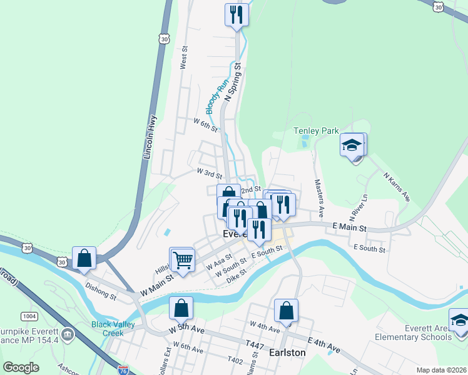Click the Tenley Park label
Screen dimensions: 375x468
click(x=316, y=131)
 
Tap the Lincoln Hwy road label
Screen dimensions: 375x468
click(x=150, y=135)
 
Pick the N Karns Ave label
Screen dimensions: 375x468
click(x=396, y=186)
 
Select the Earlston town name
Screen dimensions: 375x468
click(x=286, y=352)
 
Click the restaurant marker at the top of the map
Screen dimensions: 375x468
click(x=236, y=14)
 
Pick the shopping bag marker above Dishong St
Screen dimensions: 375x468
click(x=84, y=259)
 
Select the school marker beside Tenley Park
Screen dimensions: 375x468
click(x=352, y=146)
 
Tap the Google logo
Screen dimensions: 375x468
click(x=21, y=367)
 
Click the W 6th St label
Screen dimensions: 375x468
click(x=205, y=124)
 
